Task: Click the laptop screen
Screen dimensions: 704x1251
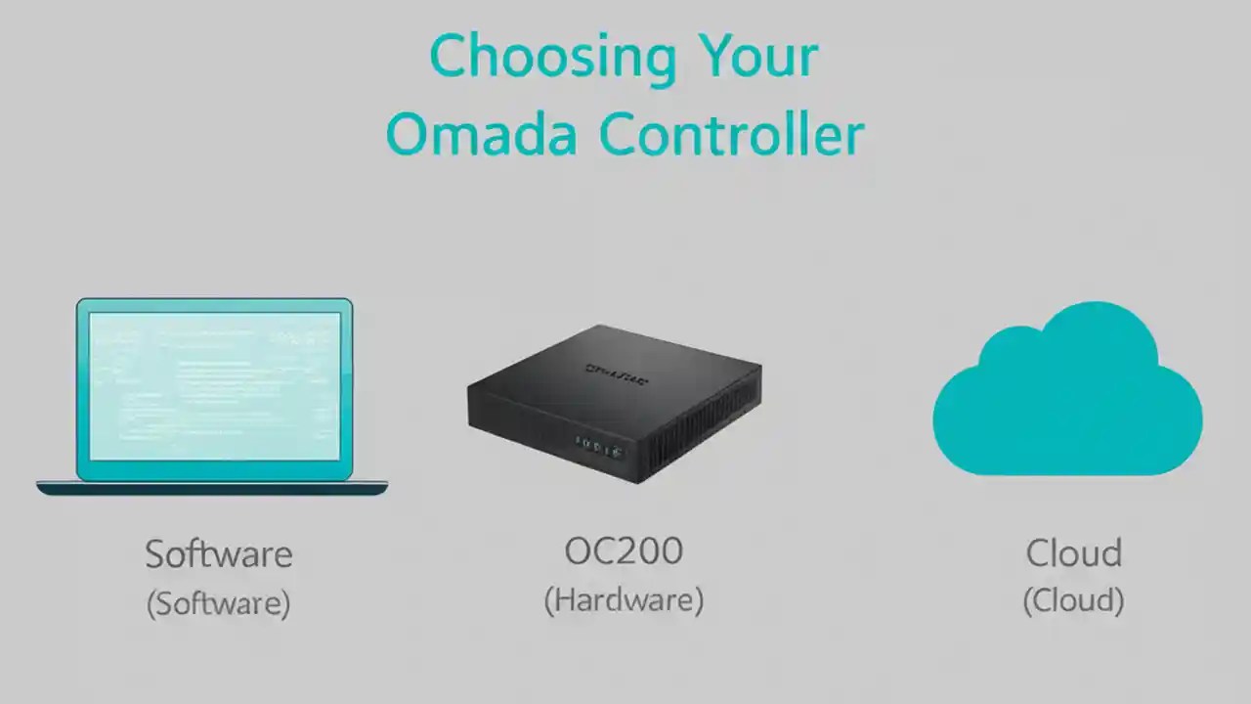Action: click(x=215, y=386)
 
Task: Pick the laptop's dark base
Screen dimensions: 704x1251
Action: click(x=212, y=487)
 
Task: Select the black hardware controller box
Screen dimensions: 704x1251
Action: click(x=614, y=401)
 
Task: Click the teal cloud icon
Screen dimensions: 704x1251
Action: click(x=1067, y=391)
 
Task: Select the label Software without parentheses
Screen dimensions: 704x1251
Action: click(x=219, y=554)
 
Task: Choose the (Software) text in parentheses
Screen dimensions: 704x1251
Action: click(x=219, y=603)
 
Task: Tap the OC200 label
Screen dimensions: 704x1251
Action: click(x=624, y=551)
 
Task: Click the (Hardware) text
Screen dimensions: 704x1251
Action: click(x=624, y=599)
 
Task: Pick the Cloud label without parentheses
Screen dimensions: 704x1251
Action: click(x=1073, y=553)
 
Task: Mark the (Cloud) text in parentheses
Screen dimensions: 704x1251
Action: click(x=1073, y=600)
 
